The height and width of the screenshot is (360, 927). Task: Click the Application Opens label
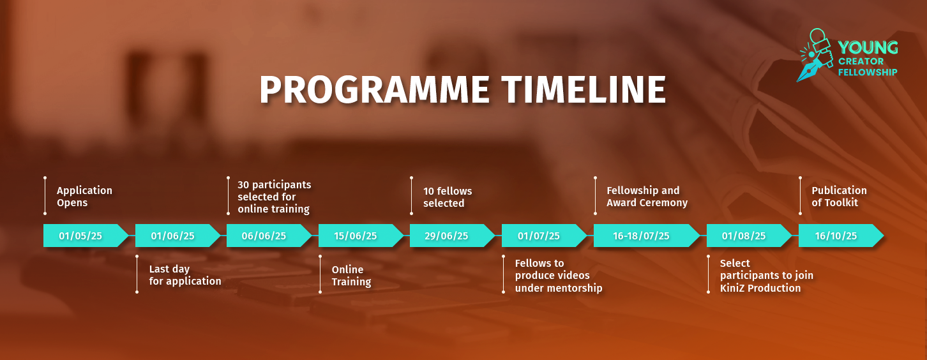tap(84, 197)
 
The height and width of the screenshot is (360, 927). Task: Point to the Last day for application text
tap(185, 275)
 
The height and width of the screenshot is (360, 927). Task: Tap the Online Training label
tap(351, 276)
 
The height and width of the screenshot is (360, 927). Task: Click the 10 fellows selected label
tap(448, 197)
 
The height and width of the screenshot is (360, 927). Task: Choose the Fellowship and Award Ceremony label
tap(647, 197)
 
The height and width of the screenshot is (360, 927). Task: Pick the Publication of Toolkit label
tap(839, 197)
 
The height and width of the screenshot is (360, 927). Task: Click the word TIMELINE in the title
tap(584, 90)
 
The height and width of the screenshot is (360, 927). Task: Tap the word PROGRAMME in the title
tap(375, 90)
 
